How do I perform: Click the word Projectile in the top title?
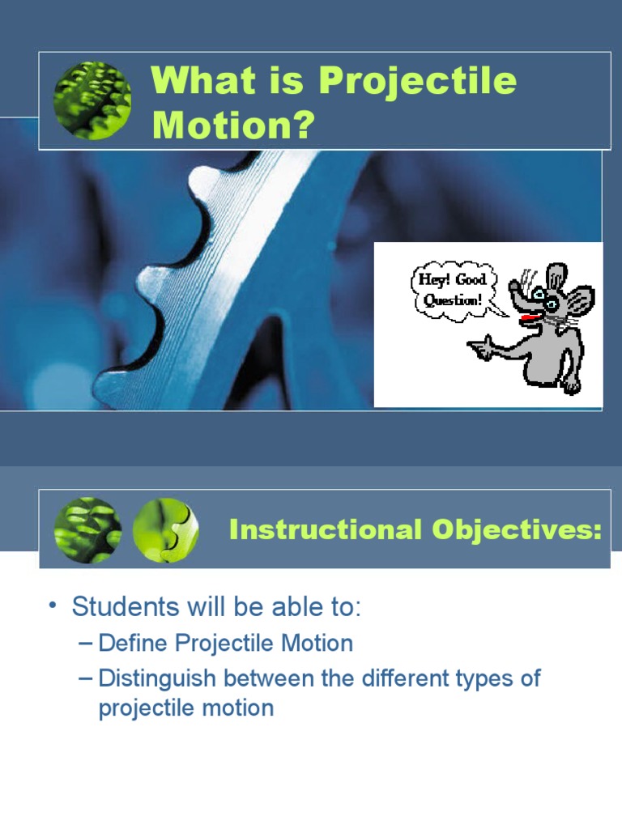[416, 82]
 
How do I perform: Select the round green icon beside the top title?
[92, 100]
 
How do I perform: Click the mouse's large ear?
[580, 302]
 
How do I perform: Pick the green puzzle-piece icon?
[165, 531]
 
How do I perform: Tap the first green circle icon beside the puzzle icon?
[87, 531]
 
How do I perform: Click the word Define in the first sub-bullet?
[134, 644]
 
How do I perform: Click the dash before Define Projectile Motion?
[86, 644]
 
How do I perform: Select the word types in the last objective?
[489, 678]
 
